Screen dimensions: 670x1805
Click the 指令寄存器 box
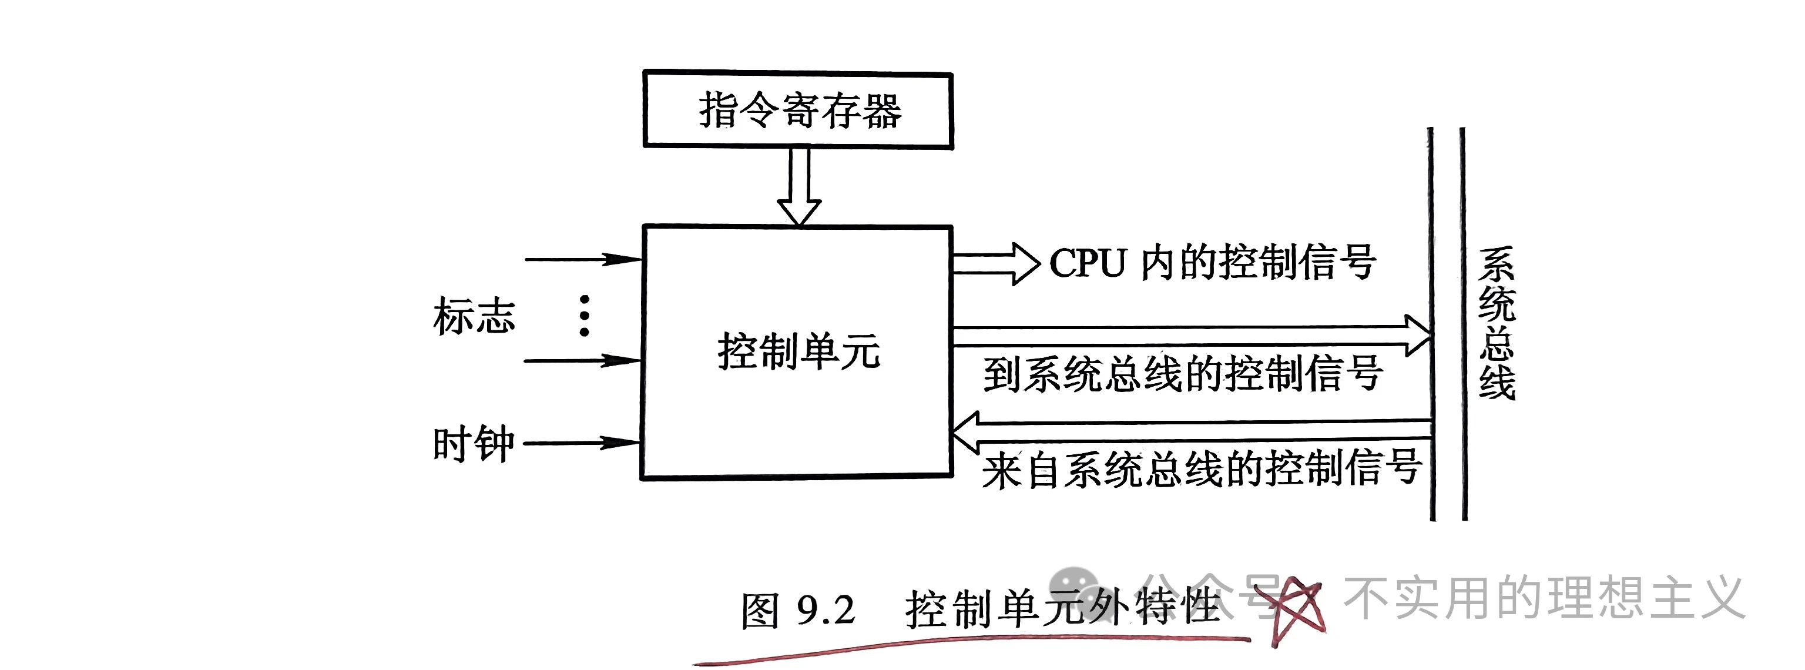point(797,110)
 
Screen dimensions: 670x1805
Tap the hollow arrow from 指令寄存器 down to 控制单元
point(799,186)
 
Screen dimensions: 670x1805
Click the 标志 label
point(474,316)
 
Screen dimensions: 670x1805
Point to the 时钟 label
point(474,444)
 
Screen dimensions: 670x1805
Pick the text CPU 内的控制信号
point(1212,263)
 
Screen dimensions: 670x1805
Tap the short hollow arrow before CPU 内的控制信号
point(995,263)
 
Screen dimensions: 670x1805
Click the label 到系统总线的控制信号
point(1182,374)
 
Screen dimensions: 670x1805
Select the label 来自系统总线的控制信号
point(1201,468)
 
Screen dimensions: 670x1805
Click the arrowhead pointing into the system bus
point(1418,335)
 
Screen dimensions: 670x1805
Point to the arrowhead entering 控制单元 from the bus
point(965,433)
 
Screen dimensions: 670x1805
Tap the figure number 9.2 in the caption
point(826,609)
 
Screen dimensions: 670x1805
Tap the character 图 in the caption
point(760,611)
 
